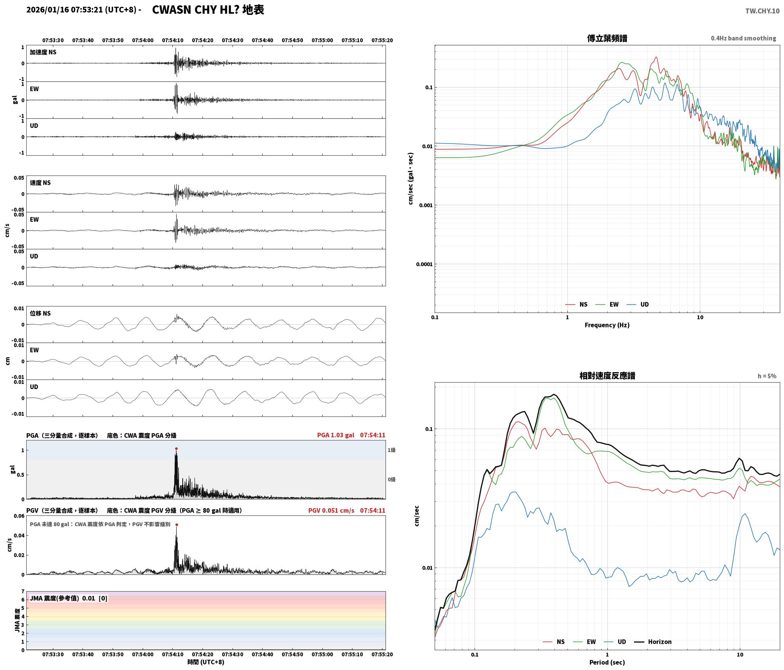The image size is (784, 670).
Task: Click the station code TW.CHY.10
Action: (x=762, y=11)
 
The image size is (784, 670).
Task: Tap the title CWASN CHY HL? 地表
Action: (x=208, y=10)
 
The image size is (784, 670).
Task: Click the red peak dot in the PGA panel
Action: (x=176, y=448)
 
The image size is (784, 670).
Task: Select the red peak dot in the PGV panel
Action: (x=177, y=525)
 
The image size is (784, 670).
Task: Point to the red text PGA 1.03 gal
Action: (x=335, y=435)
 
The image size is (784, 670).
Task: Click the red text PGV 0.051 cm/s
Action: (x=331, y=510)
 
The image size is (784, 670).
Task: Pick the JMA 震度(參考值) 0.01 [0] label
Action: (x=69, y=598)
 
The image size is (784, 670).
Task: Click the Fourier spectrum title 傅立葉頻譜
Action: (x=607, y=38)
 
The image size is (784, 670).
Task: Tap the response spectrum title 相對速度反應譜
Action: (x=607, y=375)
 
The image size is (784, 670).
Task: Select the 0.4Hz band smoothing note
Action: (x=743, y=38)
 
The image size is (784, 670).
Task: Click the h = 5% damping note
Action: (x=767, y=376)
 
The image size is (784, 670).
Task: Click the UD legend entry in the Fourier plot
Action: (x=638, y=305)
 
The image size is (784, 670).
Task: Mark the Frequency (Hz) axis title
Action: (x=607, y=325)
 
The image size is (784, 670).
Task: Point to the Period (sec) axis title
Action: (x=607, y=662)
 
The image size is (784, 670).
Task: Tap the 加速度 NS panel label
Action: (x=43, y=52)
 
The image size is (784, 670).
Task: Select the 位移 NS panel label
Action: (x=40, y=313)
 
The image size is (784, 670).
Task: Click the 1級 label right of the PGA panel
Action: (x=392, y=450)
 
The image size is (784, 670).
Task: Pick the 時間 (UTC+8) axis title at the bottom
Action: (x=206, y=662)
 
